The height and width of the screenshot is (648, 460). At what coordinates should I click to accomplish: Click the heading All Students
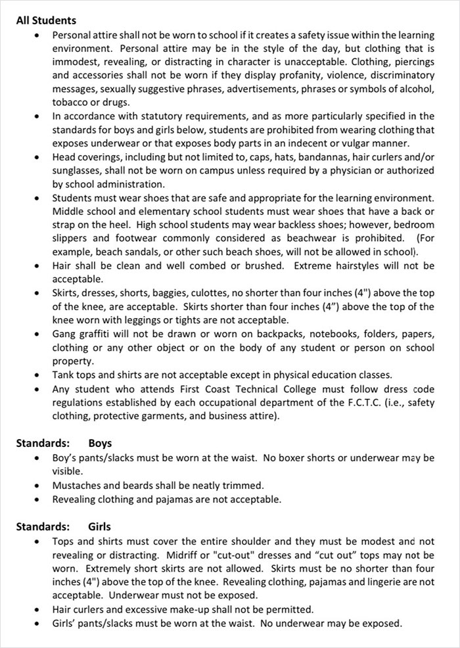click(46, 20)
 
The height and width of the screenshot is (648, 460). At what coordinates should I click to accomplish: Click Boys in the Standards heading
click(100, 443)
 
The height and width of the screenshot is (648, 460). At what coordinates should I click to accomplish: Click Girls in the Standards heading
click(99, 526)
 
